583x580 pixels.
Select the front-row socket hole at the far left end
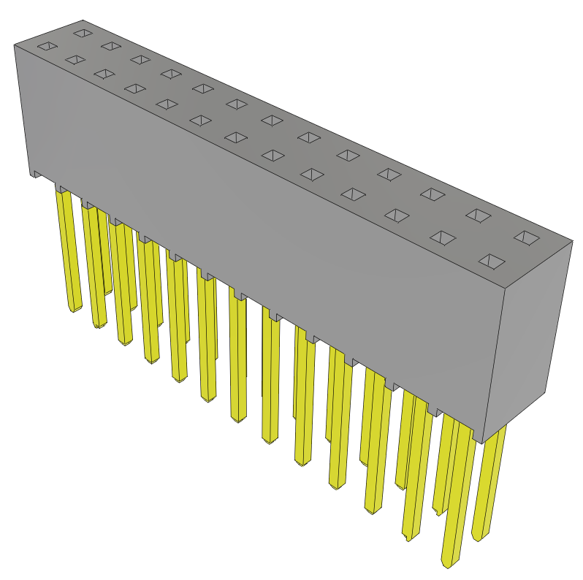point(47,47)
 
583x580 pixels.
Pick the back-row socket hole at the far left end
point(83,33)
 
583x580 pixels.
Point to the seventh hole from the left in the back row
point(271,119)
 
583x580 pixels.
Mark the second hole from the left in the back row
point(110,46)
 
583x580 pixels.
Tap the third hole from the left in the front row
point(104,75)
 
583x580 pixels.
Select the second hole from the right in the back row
point(477,215)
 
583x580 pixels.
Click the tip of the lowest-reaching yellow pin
point(448,564)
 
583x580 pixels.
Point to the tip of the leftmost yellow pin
point(75,310)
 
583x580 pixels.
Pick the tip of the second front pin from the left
point(97,325)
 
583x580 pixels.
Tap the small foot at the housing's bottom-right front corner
point(479,437)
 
